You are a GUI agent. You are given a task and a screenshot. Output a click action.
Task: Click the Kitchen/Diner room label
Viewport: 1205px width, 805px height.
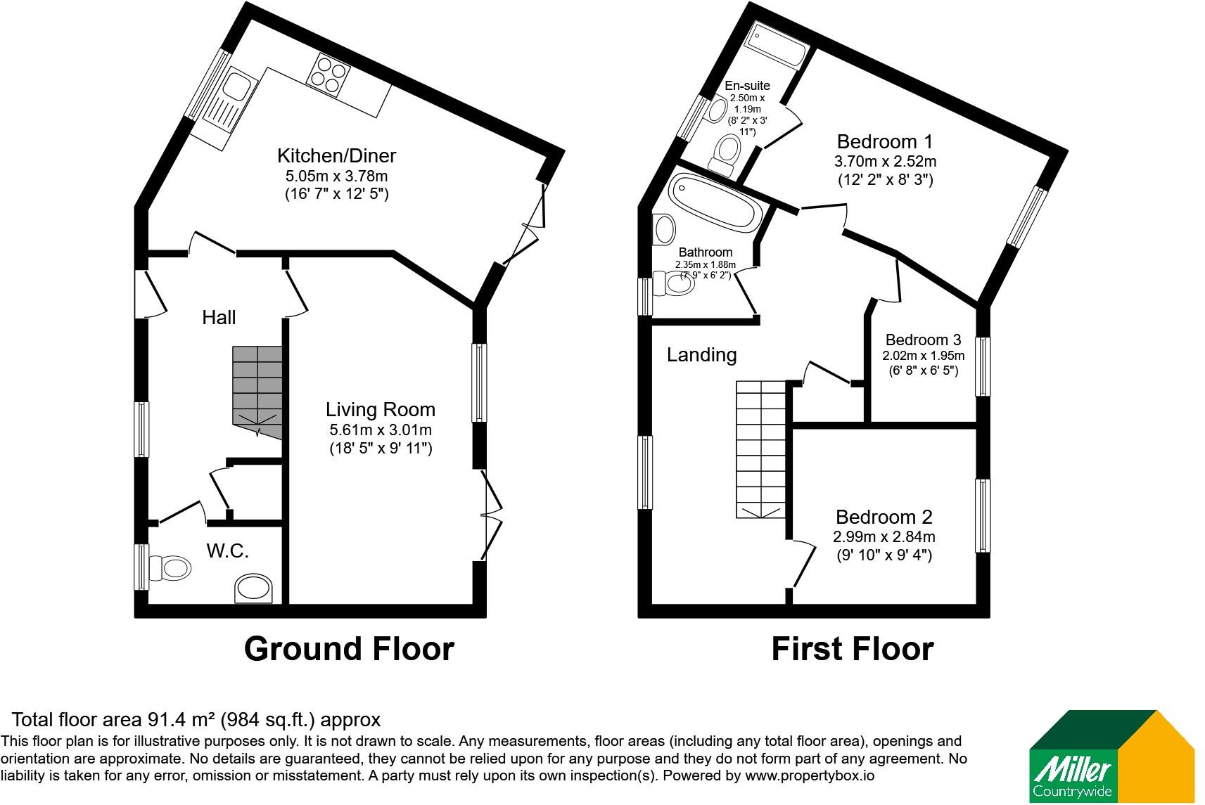point(336,156)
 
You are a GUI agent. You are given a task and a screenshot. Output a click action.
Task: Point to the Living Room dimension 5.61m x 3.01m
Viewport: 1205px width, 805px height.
point(381,430)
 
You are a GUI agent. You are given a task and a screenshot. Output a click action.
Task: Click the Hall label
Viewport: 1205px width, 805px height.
point(219,317)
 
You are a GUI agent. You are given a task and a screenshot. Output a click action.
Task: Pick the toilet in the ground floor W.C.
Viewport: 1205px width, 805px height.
point(170,568)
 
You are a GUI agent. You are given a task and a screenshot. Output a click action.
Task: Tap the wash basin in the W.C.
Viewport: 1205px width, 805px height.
point(253,588)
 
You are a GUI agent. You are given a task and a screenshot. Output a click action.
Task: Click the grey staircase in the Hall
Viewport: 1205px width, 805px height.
point(257,392)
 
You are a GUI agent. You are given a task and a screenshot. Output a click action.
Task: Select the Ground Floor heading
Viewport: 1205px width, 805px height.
point(349,648)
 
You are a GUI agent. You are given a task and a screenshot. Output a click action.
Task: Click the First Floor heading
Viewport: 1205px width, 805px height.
point(853,648)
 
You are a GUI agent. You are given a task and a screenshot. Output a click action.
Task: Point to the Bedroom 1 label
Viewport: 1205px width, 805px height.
point(885,141)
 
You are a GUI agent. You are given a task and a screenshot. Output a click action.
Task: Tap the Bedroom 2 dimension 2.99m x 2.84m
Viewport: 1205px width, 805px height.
point(884,536)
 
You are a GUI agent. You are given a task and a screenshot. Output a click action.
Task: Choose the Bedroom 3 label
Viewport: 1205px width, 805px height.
point(923,340)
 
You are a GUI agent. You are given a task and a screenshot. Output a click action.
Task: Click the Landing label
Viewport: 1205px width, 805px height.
point(701,355)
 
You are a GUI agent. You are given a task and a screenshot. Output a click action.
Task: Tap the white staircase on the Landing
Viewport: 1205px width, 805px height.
point(761,449)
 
